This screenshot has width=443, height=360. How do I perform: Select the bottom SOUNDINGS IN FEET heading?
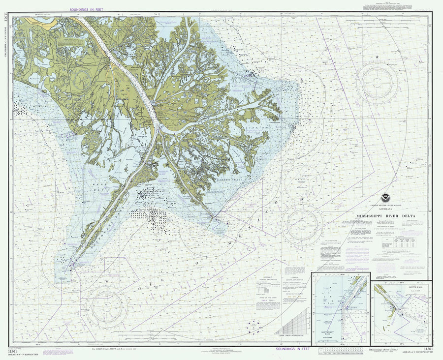coord(292,349)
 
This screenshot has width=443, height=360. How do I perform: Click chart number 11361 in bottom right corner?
coord(427,349)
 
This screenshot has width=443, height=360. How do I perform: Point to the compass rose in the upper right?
coord(378,83)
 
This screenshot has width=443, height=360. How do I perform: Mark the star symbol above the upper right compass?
coord(378,58)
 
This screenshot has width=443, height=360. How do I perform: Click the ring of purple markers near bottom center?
coord(254,326)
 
